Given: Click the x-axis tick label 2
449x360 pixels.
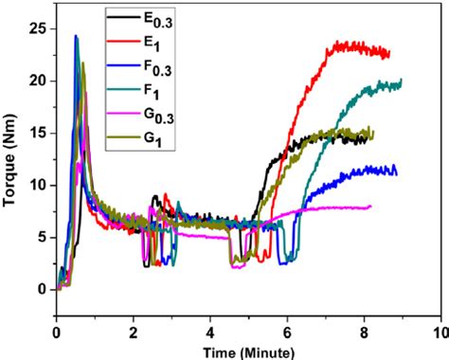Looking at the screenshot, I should point(134,333).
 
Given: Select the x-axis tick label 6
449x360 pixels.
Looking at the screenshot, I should point(287,333).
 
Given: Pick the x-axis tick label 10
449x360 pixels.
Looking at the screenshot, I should point(439,333).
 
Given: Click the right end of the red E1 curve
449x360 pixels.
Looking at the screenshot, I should point(389,53).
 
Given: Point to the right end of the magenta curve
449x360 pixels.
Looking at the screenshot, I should point(370,207).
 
